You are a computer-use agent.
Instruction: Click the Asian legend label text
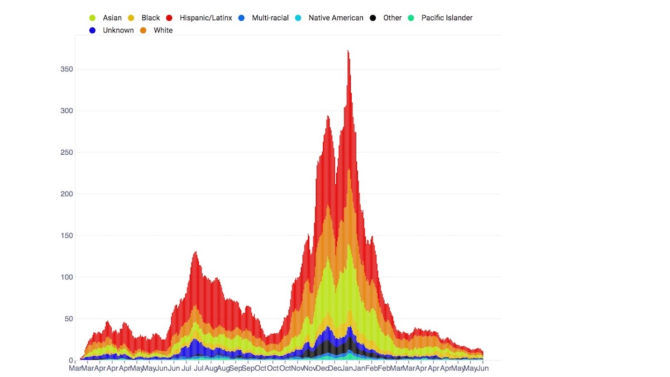click(112, 18)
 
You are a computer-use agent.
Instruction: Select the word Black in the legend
click(151, 18)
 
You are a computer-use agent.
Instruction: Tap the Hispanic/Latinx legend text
click(205, 18)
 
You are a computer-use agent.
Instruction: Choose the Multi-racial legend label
click(270, 18)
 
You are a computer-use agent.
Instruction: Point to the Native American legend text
click(336, 18)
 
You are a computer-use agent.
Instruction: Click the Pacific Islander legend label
click(447, 18)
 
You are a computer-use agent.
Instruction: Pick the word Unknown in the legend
click(118, 30)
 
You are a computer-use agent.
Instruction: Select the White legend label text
click(163, 30)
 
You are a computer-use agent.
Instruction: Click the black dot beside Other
click(373, 18)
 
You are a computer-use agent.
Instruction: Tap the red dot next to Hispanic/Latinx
click(169, 18)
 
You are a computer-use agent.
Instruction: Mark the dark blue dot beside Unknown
click(93, 30)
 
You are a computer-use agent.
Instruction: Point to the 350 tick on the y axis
click(66, 69)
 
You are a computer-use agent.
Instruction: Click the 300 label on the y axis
click(66, 111)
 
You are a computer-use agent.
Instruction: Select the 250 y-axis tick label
click(66, 152)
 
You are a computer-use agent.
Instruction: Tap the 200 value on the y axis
click(66, 194)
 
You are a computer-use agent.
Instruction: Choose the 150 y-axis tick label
click(66, 236)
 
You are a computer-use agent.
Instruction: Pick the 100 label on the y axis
click(66, 277)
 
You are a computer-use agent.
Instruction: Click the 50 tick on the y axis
click(68, 319)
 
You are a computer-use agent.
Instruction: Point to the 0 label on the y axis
click(71, 360)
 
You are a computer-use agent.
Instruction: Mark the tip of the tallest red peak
click(348, 51)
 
